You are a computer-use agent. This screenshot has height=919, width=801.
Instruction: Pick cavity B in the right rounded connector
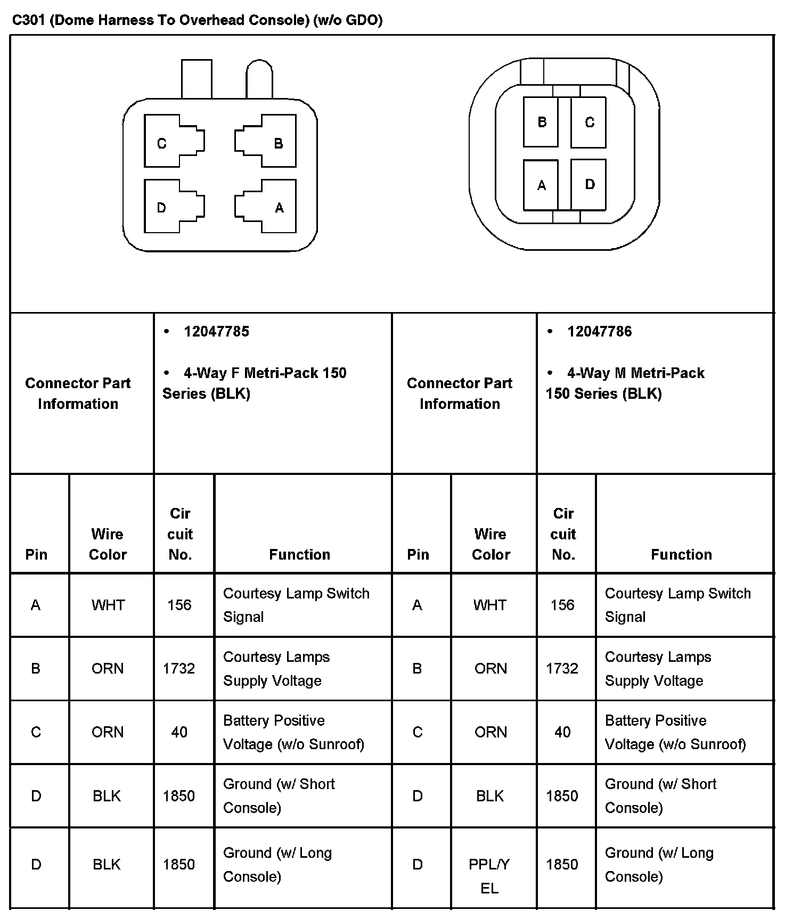coord(541,122)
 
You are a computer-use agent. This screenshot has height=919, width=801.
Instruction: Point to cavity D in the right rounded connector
coord(589,184)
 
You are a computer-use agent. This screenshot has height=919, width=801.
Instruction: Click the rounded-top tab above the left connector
coord(259,80)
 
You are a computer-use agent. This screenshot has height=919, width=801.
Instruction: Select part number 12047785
coord(216,332)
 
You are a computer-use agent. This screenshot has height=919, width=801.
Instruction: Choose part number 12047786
coord(599,332)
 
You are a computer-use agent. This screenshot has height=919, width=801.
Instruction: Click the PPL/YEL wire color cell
coord(489,876)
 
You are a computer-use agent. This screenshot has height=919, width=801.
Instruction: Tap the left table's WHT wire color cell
coord(108,605)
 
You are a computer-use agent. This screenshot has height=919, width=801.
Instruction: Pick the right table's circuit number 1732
coord(562,668)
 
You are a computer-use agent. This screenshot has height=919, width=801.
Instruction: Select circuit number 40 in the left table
coord(179,732)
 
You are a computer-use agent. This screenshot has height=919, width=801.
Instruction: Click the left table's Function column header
coord(299,555)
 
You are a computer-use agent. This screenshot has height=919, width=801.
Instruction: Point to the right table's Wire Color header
coord(491,544)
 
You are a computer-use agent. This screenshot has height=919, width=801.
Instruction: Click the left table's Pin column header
coord(36,555)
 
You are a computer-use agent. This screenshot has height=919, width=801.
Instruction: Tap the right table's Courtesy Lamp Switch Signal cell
coord(677,605)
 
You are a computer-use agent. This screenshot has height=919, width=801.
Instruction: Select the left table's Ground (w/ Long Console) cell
coord(277,865)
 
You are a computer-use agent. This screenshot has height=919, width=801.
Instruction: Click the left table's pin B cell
coord(36,668)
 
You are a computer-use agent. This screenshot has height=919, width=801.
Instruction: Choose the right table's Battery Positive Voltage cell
coord(675,732)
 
